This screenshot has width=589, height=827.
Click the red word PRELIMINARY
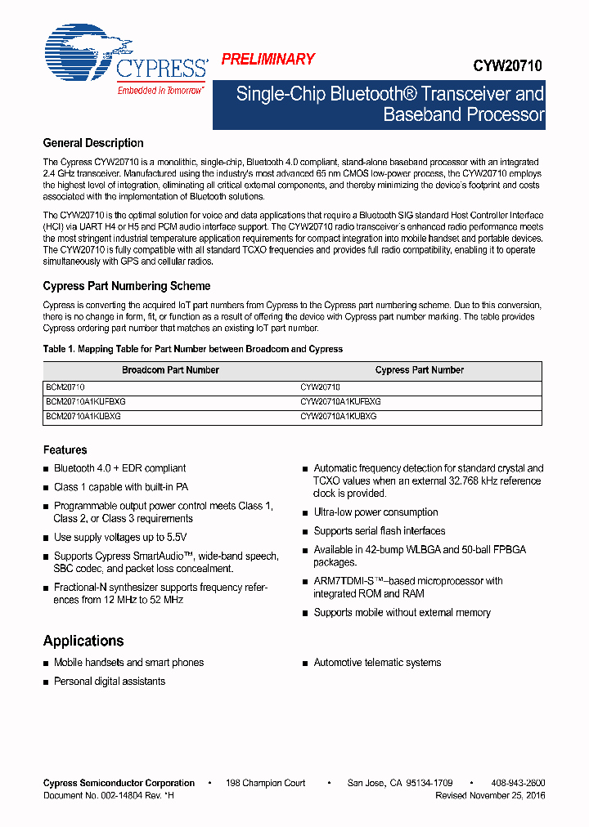pos(268,59)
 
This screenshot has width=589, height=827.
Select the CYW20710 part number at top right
pos(507,66)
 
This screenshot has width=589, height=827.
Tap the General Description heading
pos(93,143)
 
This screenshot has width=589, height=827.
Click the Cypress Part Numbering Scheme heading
pos(127,286)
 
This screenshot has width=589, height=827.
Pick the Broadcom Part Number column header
pos(170,370)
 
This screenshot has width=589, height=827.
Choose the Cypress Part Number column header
pos(420,370)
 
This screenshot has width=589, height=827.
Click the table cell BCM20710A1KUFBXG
pos(86,402)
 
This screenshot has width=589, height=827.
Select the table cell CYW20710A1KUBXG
pos(339,416)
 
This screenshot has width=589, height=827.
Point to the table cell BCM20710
pos(65,387)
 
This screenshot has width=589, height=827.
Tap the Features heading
pos(65,449)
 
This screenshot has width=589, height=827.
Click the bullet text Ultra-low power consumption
pos(376,512)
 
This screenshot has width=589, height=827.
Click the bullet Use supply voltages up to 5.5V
pos(120,537)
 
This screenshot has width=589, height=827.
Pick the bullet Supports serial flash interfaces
pos(380,531)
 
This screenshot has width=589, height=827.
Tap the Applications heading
pos(83,641)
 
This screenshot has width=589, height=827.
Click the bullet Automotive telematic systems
pos(377,663)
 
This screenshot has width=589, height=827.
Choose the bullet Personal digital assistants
pos(110,682)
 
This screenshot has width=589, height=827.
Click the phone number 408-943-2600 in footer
pos(518,783)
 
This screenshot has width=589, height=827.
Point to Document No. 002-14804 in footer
pos(108,795)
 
